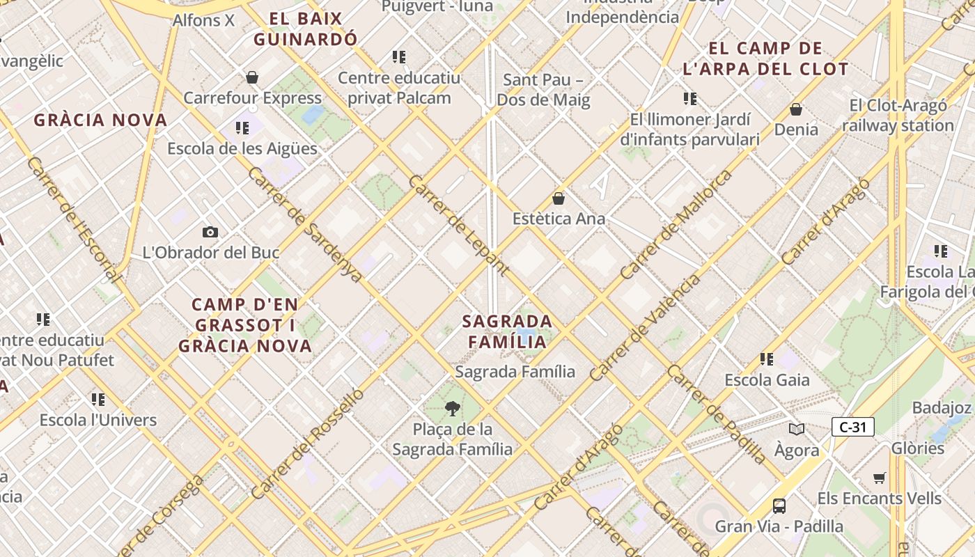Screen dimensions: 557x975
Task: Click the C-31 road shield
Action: (852, 427)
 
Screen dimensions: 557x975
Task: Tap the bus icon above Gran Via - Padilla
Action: (779, 506)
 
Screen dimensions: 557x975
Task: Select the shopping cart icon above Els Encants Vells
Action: (879, 478)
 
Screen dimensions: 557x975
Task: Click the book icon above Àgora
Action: (797, 430)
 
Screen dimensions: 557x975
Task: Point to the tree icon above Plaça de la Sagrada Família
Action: (452, 409)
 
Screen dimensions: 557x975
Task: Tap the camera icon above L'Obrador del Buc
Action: (210, 232)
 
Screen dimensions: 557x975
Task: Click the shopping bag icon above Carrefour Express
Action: (252, 77)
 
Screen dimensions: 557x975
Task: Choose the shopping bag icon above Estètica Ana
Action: (559, 198)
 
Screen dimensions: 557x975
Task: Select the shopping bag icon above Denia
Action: (795, 109)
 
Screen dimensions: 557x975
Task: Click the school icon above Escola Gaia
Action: (767, 359)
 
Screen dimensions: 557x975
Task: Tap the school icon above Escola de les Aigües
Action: (242, 128)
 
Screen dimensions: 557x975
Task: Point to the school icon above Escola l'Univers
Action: (98, 400)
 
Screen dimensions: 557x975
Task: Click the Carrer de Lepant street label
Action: (458, 225)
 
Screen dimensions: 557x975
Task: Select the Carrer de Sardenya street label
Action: (306, 224)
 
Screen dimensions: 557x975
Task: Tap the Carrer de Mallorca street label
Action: (676, 224)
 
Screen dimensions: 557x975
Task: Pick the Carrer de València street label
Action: (645, 328)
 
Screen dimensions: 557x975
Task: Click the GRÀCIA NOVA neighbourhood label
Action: (101, 120)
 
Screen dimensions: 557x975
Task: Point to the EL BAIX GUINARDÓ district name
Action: (305, 29)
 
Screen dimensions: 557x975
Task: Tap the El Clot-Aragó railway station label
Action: (898, 116)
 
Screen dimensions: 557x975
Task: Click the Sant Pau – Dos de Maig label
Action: (543, 90)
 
